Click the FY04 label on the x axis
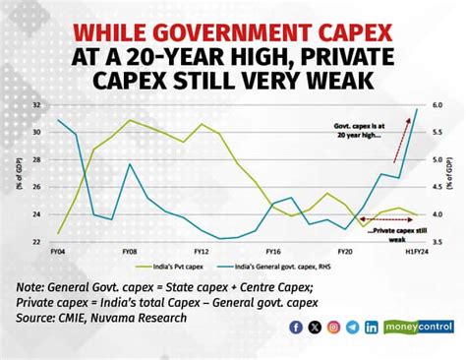pyautogui.click(x=58, y=251)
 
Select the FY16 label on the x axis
pyautogui.click(x=274, y=251)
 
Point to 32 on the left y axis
pyautogui.click(x=36, y=104)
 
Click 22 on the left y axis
pyautogui.click(x=36, y=241)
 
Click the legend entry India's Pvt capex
pyautogui.click(x=177, y=266)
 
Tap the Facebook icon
pyautogui.click(x=296, y=327)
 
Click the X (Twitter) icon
pyautogui.click(x=315, y=327)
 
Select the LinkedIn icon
pyautogui.click(x=371, y=327)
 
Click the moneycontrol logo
pyautogui.click(x=419, y=327)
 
